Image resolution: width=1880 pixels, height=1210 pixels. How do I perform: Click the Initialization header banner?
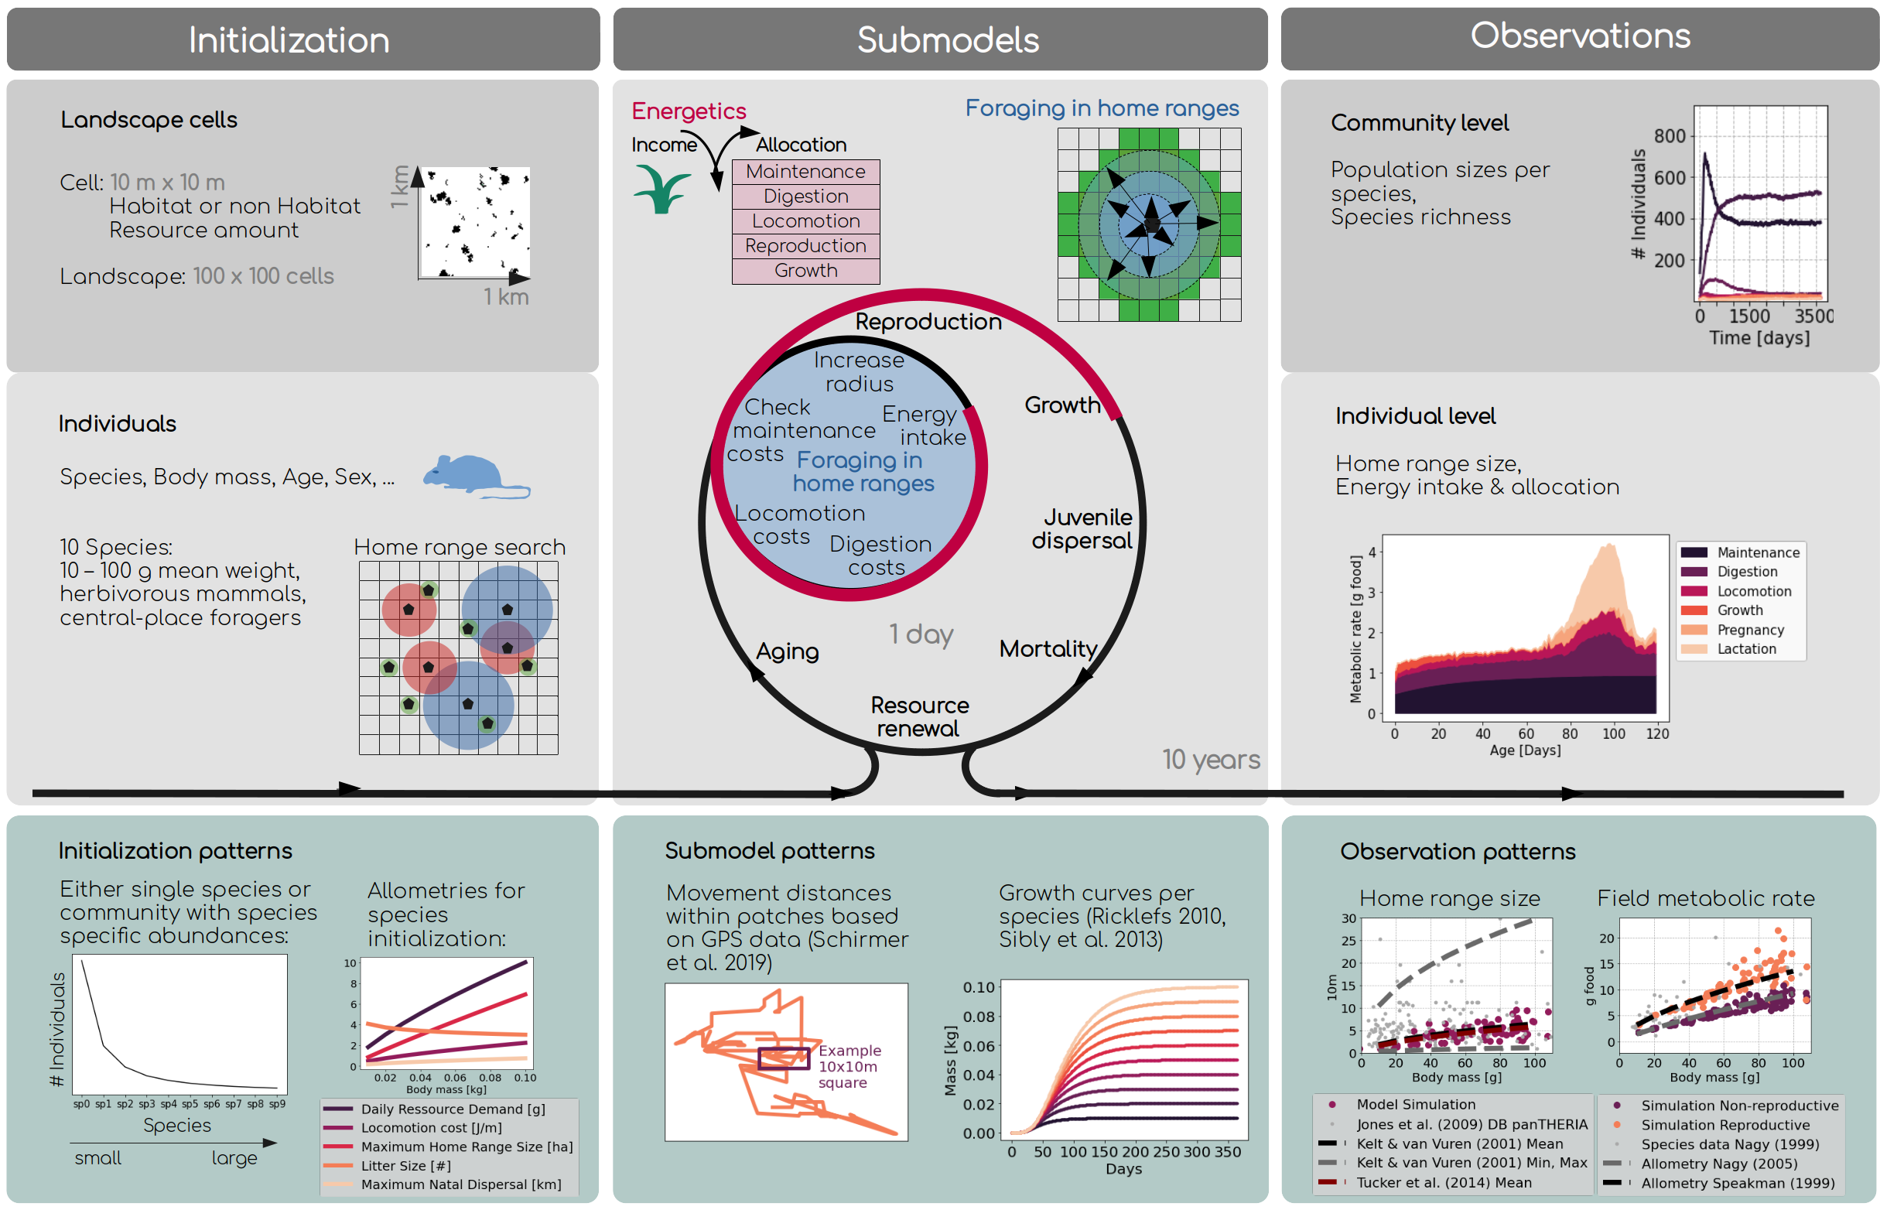pos(303,39)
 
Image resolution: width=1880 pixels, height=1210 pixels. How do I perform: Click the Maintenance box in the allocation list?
pos(805,171)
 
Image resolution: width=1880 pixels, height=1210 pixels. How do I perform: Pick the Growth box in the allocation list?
pos(805,270)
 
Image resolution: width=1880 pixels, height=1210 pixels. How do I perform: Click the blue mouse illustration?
pos(472,475)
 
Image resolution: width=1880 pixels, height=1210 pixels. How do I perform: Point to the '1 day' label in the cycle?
pos(921,634)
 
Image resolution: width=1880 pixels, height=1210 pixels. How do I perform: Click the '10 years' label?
pos(1211,759)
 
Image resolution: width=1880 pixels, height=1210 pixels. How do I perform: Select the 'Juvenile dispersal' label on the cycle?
pos(1082,528)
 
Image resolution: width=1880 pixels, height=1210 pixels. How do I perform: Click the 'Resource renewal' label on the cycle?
pos(919,716)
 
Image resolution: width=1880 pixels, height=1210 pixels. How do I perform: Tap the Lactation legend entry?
pos(1745,649)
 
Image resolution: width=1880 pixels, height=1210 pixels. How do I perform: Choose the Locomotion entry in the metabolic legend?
pos(1754,592)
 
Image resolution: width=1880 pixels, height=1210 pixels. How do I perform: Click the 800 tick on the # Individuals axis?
pos(1670,136)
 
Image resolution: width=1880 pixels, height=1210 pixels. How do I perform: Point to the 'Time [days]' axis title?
pos(1759,338)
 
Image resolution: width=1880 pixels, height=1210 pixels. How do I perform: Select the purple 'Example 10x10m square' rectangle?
pos(783,1058)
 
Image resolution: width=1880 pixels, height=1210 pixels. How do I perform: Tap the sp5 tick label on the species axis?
pos(190,1104)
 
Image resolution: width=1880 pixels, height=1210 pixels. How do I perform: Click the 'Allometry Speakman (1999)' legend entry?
pos(1737,1183)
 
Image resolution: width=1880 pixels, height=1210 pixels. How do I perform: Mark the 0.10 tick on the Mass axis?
pos(979,988)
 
